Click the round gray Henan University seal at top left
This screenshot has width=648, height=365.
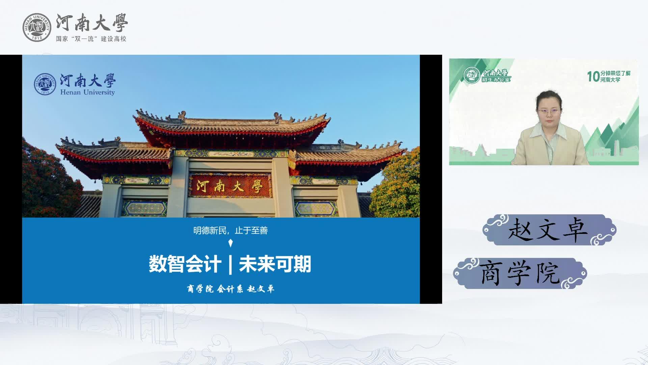click(x=37, y=28)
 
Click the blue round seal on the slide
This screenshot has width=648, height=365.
click(x=45, y=84)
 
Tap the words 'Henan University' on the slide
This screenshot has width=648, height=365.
click(x=87, y=92)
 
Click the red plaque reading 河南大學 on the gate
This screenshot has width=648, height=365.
click(x=230, y=186)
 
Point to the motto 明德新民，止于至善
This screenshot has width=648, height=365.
click(x=231, y=230)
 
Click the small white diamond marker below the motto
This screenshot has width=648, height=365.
click(x=231, y=243)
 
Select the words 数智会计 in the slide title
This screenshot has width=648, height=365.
click(x=185, y=264)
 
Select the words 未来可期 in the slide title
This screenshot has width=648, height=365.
click(x=275, y=264)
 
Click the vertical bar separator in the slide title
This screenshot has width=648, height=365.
click(x=230, y=264)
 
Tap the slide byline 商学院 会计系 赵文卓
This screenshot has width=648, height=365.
click(x=231, y=289)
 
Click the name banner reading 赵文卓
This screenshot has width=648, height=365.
click(x=549, y=230)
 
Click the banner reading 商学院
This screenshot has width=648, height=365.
click(x=520, y=273)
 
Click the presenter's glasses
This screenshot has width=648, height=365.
click(x=549, y=111)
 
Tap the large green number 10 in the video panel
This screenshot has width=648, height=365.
click(x=593, y=77)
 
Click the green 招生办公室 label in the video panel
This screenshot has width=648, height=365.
click(x=496, y=80)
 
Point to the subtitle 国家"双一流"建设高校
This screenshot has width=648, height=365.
click(x=91, y=39)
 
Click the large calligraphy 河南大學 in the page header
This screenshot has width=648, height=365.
click(x=92, y=23)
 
